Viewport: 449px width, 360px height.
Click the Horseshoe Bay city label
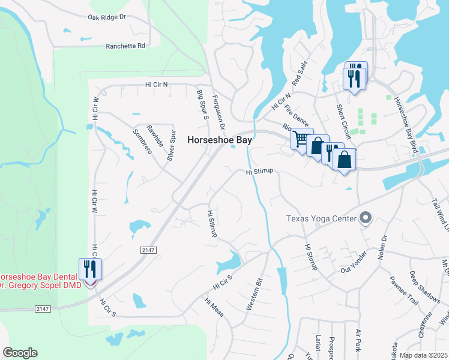220,139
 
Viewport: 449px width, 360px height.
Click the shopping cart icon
301,139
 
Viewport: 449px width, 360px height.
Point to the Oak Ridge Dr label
107,18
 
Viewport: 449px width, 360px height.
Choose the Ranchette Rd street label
125,46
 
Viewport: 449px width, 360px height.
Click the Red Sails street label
300,73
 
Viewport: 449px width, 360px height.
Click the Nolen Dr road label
383,245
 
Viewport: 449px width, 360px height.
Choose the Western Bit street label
255,294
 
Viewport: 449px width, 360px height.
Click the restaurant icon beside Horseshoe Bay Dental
90,268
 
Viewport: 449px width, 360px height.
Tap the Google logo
20,353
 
